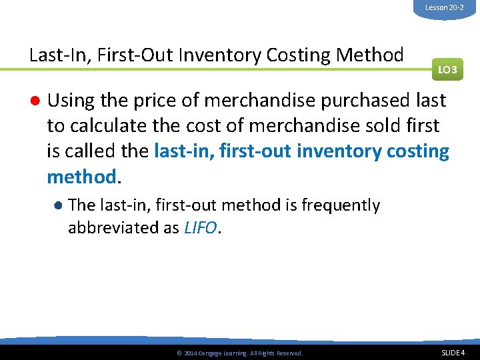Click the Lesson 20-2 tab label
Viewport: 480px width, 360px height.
pos(445,7)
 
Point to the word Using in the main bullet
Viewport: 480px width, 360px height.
pos(71,101)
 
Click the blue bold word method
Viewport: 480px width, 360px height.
pos(81,177)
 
